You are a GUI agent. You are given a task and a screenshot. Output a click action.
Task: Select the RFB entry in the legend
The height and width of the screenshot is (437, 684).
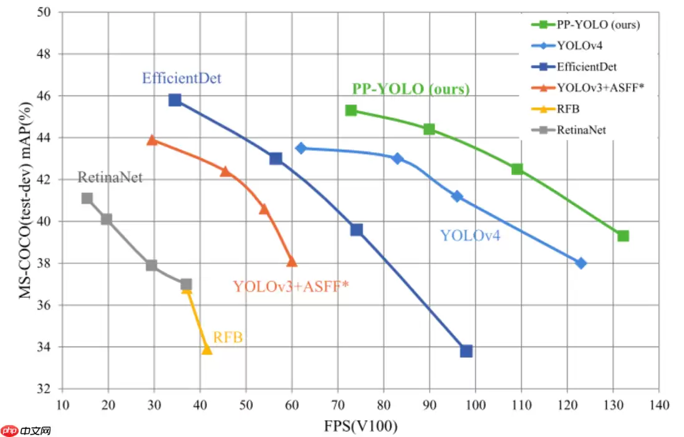pyautogui.click(x=567, y=109)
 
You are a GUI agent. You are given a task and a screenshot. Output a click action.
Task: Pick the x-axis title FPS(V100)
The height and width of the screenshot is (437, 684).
pyautogui.click(x=360, y=426)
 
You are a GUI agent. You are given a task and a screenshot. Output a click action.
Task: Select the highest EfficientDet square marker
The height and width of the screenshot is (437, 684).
pyautogui.click(x=175, y=100)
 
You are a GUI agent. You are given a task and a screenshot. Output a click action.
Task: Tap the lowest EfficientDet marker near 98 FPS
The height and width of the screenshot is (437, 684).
pyautogui.click(x=466, y=351)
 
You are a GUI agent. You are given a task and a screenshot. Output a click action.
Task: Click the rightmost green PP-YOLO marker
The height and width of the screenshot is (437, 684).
pyautogui.click(x=623, y=235)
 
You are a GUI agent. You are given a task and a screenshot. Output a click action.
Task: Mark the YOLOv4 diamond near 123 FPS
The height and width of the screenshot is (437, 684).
pyautogui.click(x=581, y=263)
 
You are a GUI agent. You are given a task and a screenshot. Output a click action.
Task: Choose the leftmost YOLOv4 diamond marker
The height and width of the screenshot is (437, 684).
pyautogui.click(x=301, y=148)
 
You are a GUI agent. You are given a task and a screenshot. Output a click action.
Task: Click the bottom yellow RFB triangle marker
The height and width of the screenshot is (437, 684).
pyautogui.click(x=207, y=349)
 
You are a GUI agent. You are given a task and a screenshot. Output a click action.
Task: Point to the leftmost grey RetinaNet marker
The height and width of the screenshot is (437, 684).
pyautogui.click(x=87, y=199)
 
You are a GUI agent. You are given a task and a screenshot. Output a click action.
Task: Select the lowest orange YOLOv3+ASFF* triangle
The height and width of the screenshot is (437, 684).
pyautogui.click(x=292, y=261)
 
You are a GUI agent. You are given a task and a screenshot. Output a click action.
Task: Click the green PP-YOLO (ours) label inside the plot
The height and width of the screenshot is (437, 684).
pyautogui.click(x=411, y=89)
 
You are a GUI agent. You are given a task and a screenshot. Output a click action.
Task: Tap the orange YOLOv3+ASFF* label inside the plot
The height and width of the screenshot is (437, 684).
pyautogui.click(x=291, y=287)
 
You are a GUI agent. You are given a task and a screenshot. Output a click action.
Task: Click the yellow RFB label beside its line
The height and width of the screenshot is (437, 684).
pyautogui.click(x=228, y=338)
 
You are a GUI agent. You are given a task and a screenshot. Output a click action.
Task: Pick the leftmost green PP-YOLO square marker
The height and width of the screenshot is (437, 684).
pyautogui.click(x=351, y=110)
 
